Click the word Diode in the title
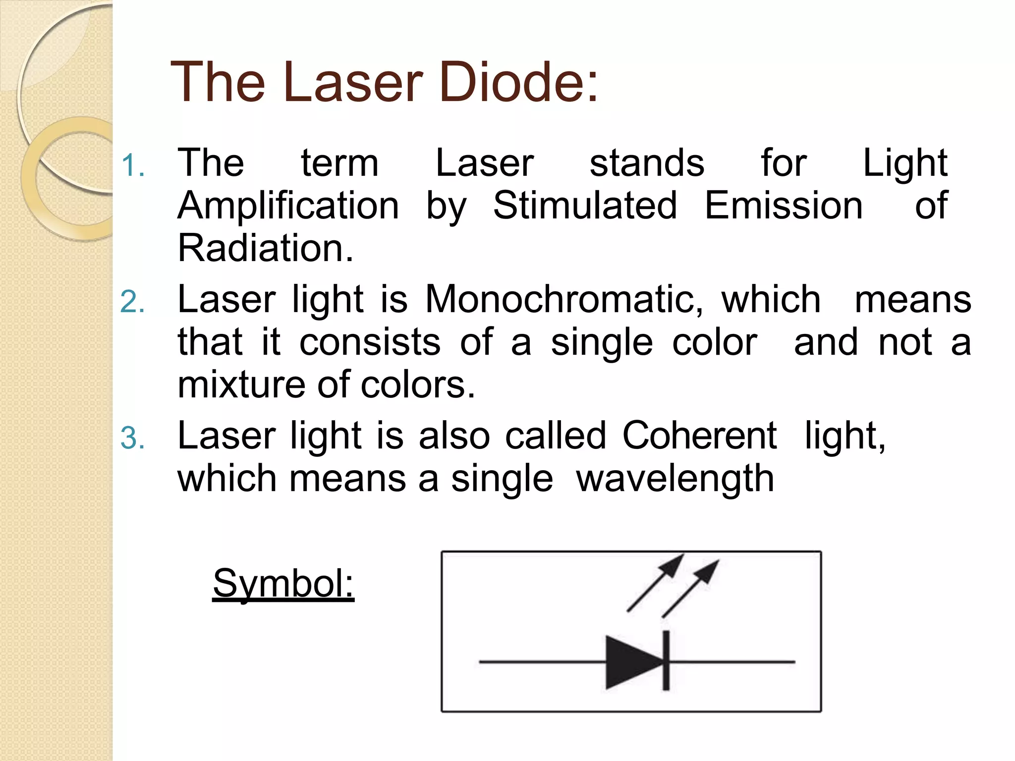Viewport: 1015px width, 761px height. [x=518, y=82]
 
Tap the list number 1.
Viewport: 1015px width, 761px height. [x=132, y=165]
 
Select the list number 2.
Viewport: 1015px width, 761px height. [x=132, y=302]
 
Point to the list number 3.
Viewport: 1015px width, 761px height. [x=132, y=438]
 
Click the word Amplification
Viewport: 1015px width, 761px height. [x=288, y=206]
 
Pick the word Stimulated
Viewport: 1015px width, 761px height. [x=585, y=206]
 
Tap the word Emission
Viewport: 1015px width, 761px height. [x=784, y=206]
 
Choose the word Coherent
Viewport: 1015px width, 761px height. [x=699, y=435]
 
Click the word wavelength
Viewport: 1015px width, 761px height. [x=675, y=479]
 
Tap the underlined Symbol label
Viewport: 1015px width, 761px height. [x=283, y=583]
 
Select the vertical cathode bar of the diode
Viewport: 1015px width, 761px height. [x=666, y=661]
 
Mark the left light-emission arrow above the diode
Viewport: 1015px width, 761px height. [x=655, y=583]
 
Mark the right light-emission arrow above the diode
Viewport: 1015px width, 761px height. [x=690, y=589]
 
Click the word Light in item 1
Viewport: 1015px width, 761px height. [x=905, y=163]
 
